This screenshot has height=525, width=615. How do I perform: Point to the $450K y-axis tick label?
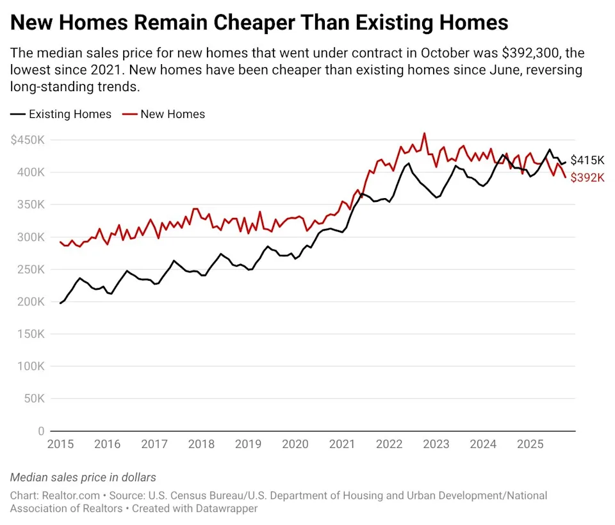pos(27,140)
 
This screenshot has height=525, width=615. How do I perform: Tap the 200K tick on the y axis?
pos(31,301)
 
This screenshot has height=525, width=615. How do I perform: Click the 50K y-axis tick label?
pos(34,398)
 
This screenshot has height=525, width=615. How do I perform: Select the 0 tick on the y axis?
pos(41,431)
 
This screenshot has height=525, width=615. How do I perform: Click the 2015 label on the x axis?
pos(60,444)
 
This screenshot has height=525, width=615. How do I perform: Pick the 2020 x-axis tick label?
pos(295,444)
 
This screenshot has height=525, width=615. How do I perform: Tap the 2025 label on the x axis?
pos(530,444)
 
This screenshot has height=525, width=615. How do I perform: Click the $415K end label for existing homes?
pos(587,160)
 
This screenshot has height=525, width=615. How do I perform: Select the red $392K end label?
pos(587,178)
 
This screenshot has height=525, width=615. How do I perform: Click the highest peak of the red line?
pos(424,133)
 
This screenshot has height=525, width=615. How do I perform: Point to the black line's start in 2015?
pos(60,303)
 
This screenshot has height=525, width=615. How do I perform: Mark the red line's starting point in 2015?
pos(60,242)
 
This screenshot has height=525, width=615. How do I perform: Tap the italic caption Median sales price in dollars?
pos(83,478)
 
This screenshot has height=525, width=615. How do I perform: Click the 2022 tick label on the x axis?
pos(389,444)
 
